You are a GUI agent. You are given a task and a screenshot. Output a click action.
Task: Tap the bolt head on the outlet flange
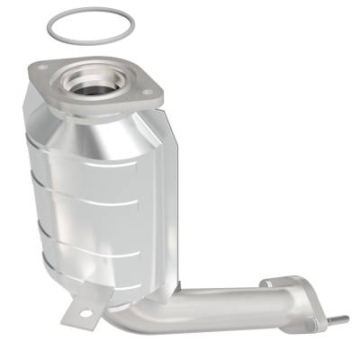(x=311, y=323)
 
